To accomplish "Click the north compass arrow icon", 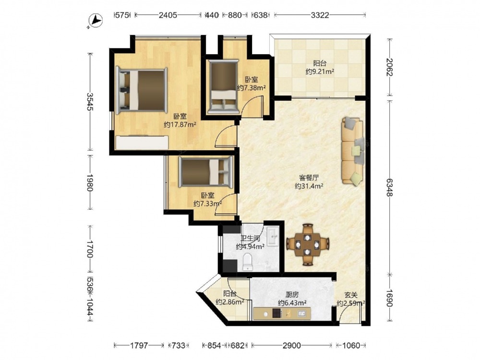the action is coord(96,21).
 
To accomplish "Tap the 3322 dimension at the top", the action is coord(320,15).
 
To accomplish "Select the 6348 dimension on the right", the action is coord(389,188).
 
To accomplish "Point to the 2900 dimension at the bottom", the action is coord(291,346).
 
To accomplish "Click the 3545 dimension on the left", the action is coord(90,102).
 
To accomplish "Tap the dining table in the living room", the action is coord(308,245).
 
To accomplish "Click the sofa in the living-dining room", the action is coord(353,151).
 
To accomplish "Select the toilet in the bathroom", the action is coord(247,262).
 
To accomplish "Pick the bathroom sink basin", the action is coord(273,236).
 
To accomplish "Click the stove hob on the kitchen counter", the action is coord(277,313).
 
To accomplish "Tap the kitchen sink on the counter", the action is coord(301,313).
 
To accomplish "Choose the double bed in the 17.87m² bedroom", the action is coord(142,90).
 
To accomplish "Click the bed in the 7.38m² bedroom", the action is coord(224,86).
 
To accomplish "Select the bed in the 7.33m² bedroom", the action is coord(206,172).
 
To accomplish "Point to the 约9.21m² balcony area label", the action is coord(320,72).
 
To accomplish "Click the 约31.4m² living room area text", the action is coord(309,186).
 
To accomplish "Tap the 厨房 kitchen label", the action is coord(292,295).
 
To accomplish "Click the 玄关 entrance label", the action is coord(351,295).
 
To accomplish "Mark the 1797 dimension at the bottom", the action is coord(139,346).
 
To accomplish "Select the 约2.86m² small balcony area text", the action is coord(230,302).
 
